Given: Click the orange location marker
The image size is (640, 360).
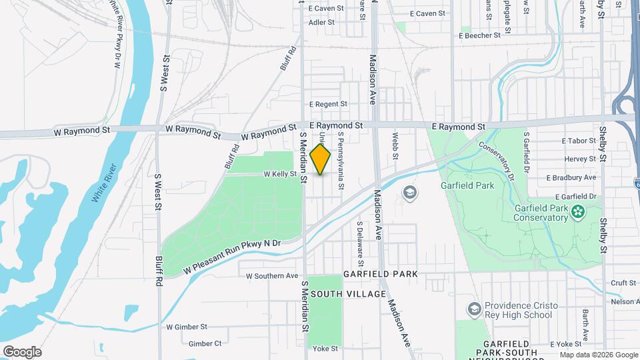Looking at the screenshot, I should (x=320, y=159).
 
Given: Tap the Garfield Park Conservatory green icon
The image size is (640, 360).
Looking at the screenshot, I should (x=577, y=213).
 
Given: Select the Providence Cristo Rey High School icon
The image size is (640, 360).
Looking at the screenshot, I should (x=474, y=310).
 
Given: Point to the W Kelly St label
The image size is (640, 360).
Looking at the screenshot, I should (x=279, y=174).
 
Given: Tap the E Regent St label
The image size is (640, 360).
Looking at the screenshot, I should (x=328, y=104).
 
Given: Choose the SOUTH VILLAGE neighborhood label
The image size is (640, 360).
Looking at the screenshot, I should (x=348, y=294).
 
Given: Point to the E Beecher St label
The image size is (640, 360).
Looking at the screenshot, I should (x=480, y=35).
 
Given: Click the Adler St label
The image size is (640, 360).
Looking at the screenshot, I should (x=321, y=22).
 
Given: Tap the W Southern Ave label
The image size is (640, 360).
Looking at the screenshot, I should (x=272, y=275).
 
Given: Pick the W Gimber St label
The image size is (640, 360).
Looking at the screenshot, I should (x=187, y=327).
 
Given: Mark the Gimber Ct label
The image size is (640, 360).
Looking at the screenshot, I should (x=205, y=343).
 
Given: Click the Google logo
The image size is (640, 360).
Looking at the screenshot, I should (x=22, y=351).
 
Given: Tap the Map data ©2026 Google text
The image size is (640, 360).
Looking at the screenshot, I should (x=599, y=355).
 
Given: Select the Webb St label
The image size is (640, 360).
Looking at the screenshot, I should (x=395, y=146).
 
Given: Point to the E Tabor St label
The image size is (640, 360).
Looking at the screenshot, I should (x=579, y=141).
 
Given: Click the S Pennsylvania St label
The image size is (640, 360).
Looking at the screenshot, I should (x=340, y=159).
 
